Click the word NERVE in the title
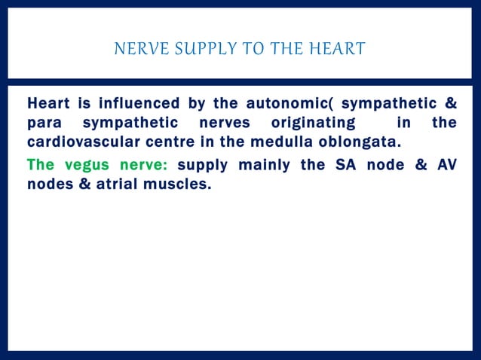[135, 50]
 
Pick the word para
[44, 123]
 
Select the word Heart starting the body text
[48, 103]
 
